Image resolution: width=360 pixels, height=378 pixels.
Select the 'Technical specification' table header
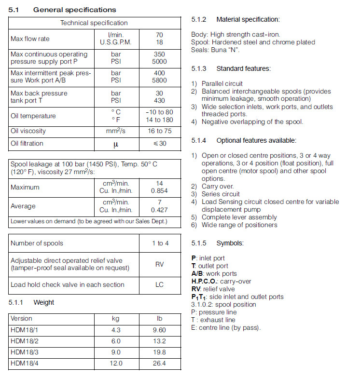[94, 23]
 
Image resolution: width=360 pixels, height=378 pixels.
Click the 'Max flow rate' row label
[30, 39]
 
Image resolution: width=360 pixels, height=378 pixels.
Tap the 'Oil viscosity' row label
[28, 131]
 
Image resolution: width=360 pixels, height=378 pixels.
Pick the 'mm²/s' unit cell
[116, 131]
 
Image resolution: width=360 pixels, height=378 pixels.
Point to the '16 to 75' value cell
[160, 131]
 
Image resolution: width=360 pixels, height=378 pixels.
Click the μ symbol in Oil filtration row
[116, 144]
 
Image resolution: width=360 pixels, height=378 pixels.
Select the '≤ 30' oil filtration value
[160, 143]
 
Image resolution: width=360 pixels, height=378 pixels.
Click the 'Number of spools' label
[37, 243]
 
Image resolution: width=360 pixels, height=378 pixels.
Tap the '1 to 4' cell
[160, 243]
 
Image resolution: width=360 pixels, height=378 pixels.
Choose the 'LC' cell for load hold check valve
[160, 284]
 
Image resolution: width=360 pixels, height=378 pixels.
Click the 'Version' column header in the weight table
[22, 319]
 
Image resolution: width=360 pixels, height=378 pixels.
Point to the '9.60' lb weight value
[160, 330]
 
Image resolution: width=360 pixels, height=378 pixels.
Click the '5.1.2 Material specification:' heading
[235, 20]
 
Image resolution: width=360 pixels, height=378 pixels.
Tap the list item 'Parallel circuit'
[222, 83]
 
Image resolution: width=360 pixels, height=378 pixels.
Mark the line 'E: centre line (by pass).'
[226, 327]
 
